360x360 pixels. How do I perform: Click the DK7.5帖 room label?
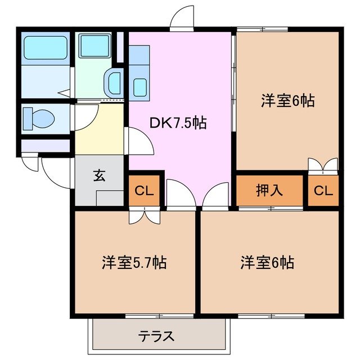(178, 123)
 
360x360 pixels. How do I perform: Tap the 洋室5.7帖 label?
(134, 262)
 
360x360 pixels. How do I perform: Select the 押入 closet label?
(269, 191)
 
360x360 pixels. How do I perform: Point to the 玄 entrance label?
(99, 175)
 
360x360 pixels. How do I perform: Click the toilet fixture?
(38, 118)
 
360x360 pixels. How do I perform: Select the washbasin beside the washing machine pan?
(114, 83)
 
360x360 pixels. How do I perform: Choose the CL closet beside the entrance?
(144, 191)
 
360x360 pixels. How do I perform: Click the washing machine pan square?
(94, 46)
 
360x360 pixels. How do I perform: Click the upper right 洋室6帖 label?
(287, 101)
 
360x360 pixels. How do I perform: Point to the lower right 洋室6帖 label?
(268, 262)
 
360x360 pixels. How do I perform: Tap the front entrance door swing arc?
(52, 173)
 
